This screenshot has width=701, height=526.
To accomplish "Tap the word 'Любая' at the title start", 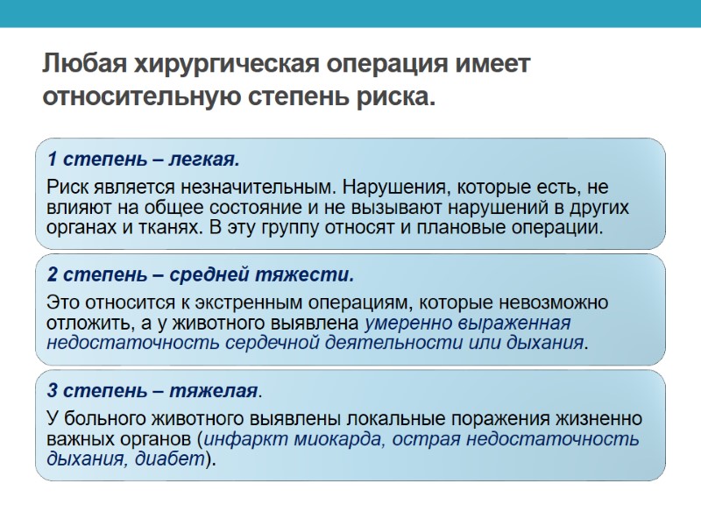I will point(82,65).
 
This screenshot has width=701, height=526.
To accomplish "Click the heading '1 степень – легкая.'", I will point(143,160).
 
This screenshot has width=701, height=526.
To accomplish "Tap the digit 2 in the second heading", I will point(53,275).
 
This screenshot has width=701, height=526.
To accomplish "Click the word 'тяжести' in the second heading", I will point(319,275).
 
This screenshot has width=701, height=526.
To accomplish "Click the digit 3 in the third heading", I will point(53,391).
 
